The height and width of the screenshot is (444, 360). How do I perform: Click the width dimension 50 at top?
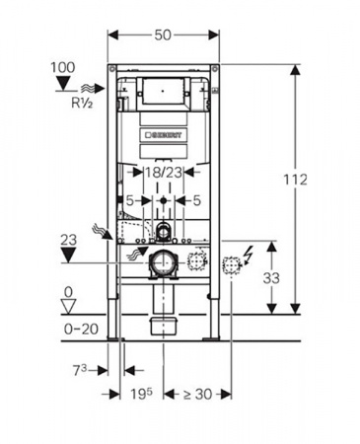click(163, 35)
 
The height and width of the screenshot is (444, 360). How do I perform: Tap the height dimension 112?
click(295, 180)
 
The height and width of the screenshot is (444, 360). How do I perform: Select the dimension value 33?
click(271, 278)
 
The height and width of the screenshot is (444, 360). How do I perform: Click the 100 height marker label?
click(62, 67)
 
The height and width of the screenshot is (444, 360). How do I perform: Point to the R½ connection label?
click(82, 103)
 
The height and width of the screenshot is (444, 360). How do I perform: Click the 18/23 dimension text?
click(164, 172)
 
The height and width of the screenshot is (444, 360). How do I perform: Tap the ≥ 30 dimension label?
click(197, 394)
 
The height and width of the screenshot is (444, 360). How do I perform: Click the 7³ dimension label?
click(80, 371)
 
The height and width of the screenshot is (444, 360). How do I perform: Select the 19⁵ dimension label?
click(141, 394)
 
